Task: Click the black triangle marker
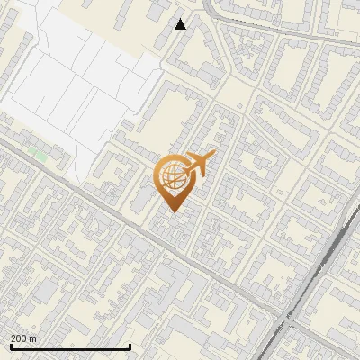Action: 181,24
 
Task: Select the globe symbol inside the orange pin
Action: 172,175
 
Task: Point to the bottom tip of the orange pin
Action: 173,211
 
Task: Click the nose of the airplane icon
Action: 211,157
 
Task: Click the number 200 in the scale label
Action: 20,338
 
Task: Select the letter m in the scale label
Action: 33,338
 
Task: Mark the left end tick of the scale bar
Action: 10,346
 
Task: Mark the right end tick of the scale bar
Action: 130,346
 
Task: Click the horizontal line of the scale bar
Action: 70,347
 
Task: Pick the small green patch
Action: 39,155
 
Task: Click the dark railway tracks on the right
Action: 324,270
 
